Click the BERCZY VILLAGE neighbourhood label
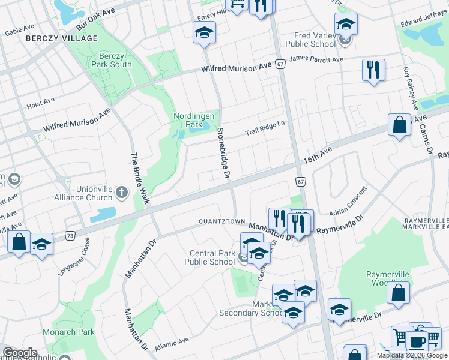pyautogui.click(x=62, y=38)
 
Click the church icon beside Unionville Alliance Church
pyautogui.click(x=122, y=193)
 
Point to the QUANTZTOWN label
pyautogui.click(x=223, y=221)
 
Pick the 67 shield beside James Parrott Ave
pyautogui.click(x=280, y=64)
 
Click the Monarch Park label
pyautogui.click(x=68, y=332)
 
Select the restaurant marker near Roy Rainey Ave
pyautogui.click(x=373, y=70)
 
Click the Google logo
pyautogui.click(x=20, y=353)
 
